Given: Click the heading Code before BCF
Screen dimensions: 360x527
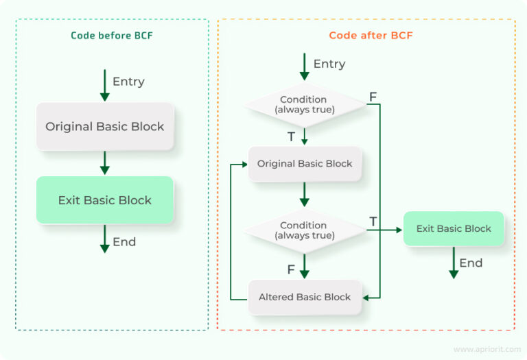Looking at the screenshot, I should point(112,35).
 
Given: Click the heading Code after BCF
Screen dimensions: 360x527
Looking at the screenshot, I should point(371,35).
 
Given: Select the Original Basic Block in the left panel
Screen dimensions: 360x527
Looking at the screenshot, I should point(104,127).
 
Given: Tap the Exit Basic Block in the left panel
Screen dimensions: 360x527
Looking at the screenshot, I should point(104,200).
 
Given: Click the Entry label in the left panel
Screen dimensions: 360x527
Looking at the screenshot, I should point(128,82).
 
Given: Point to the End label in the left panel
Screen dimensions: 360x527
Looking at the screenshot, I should point(124,242).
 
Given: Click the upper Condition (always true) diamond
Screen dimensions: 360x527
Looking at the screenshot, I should point(303,104).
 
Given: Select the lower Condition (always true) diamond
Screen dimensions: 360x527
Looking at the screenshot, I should point(303,230).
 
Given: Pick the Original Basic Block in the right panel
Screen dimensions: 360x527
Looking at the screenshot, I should point(305,164).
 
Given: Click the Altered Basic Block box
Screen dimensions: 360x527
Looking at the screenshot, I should point(305,297).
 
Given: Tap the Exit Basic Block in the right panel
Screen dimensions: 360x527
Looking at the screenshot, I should point(453,228).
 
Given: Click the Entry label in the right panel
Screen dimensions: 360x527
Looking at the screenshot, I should point(329,64).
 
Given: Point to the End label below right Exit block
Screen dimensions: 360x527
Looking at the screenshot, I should point(471,263).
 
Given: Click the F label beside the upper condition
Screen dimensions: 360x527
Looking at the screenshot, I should point(373,97).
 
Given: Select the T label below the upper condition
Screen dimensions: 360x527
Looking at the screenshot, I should point(291,136).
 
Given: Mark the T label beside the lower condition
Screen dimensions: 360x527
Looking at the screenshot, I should point(373,221).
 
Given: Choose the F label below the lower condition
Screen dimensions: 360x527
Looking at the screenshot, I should point(291,269).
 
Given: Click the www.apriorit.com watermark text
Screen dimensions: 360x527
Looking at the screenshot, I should point(484,349).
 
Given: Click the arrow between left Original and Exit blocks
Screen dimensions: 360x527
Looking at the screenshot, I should point(104,163).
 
